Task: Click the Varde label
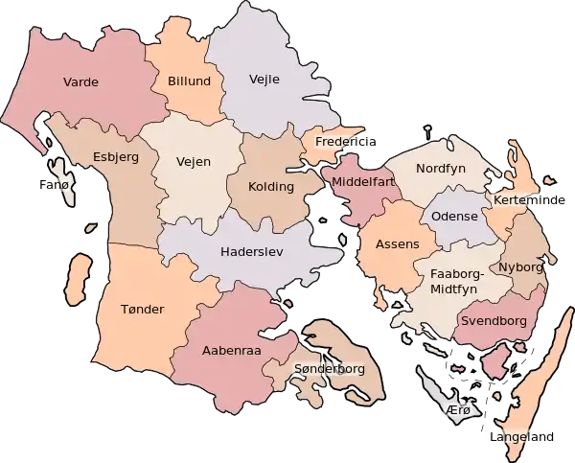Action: pyautogui.click(x=80, y=82)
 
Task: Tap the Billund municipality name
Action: pyautogui.click(x=189, y=81)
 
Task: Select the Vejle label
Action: pyautogui.click(x=264, y=79)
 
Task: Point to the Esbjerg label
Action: pyautogui.click(x=115, y=156)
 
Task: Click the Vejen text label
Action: pyautogui.click(x=194, y=162)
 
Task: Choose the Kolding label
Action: pyautogui.click(x=270, y=186)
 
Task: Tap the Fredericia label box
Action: pyautogui.click(x=338, y=141)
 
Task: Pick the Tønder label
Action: pyautogui.click(x=143, y=309)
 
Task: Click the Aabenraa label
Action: pyautogui.click(x=226, y=351)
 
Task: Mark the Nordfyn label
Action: pyautogui.click(x=440, y=169)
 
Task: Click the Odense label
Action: pyautogui.click(x=454, y=217)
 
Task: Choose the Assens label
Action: pyautogui.click(x=397, y=244)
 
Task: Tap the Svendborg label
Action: pyautogui.click(x=494, y=321)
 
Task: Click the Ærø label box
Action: pyautogui.click(x=458, y=410)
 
